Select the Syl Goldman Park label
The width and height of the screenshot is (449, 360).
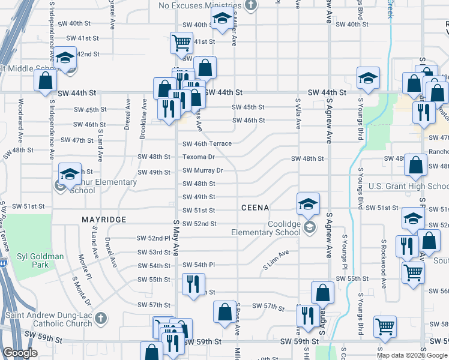coord(40,260)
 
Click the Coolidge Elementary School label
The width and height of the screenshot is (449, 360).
coord(276,229)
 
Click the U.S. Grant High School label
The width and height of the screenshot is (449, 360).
coord(408,186)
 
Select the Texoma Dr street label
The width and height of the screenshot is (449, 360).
coord(199,157)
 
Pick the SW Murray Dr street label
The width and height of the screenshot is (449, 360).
coord(203,170)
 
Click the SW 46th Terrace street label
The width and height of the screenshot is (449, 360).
coord(207,144)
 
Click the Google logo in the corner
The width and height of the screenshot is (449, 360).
coord(20,353)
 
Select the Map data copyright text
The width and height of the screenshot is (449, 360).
coord(403,355)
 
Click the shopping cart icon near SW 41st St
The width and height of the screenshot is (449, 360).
coord(181,42)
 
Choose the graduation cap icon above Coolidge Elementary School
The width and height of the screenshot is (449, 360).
coord(308,203)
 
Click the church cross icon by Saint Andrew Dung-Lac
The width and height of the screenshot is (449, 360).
coord(101,317)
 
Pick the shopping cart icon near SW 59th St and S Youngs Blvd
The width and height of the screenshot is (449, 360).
coord(385,326)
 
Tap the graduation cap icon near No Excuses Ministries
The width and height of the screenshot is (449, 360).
coord(221,19)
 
